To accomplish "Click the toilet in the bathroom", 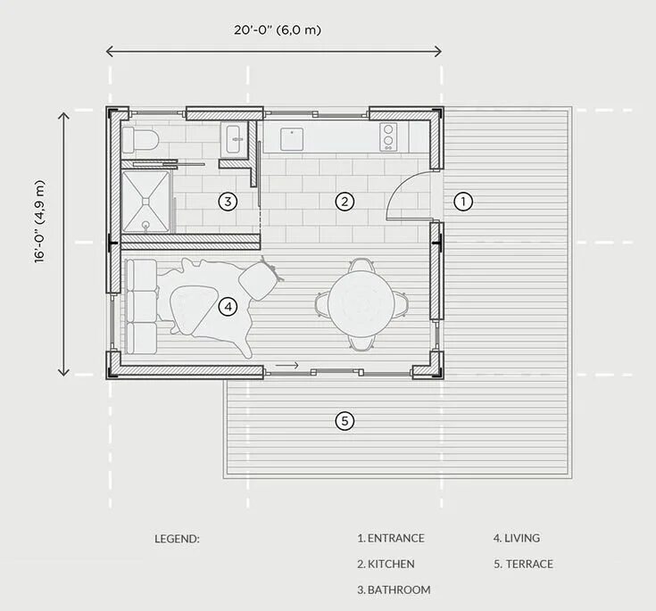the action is [x=140, y=140].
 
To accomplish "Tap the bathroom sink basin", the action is [x=235, y=139].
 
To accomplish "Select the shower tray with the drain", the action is [x=145, y=202].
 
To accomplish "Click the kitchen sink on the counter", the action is [x=292, y=139].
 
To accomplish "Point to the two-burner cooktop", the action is [x=388, y=136].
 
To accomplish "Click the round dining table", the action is [x=361, y=304].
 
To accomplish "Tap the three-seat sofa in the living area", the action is [x=141, y=307].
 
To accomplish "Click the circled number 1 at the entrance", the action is [x=463, y=202].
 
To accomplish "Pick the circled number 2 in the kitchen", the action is [x=345, y=202].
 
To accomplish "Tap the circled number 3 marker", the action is [x=228, y=202].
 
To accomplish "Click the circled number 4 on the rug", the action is [x=228, y=307].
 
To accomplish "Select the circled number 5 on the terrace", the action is [x=345, y=421].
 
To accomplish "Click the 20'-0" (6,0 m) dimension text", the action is [x=278, y=30].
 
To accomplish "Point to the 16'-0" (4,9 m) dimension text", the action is [x=39, y=221].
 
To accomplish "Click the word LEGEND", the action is [x=177, y=539].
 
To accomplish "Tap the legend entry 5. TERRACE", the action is [x=523, y=564].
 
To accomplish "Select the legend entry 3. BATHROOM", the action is [x=394, y=590].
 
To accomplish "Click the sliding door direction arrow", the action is [x=287, y=365].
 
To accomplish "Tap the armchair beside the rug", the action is [x=259, y=280].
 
